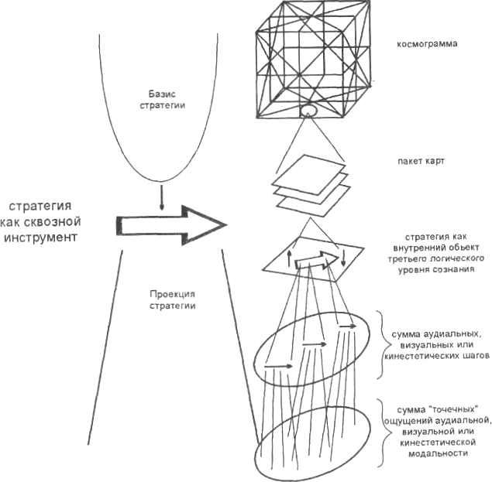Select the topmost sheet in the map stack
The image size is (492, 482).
308,170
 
